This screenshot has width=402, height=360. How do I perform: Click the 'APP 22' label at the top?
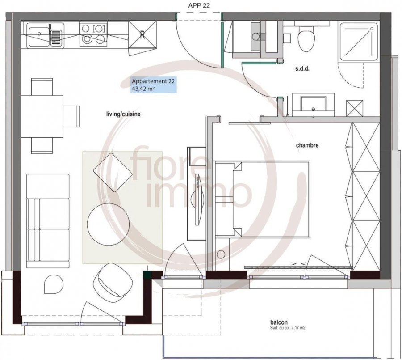click(x=199, y=6)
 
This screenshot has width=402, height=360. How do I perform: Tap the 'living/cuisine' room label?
click(x=123, y=114)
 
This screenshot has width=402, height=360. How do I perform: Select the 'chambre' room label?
click(x=307, y=145)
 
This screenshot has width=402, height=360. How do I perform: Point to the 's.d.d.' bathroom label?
click(x=302, y=69)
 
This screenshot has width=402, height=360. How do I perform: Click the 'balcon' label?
click(x=279, y=322)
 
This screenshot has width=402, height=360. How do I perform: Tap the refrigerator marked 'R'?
click(x=142, y=34)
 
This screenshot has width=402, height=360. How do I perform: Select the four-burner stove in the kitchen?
click(x=93, y=34)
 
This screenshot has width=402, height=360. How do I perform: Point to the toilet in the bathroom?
click(x=306, y=38)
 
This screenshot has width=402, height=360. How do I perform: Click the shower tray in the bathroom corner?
click(x=359, y=42)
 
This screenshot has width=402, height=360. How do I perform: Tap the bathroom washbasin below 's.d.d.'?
click(x=313, y=104)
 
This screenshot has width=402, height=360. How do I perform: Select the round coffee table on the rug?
click(x=108, y=224)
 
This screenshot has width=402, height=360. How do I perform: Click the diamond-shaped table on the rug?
click(x=113, y=173)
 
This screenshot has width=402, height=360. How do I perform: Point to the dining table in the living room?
click(x=42, y=116)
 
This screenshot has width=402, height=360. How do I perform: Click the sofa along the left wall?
click(x=48, y=221)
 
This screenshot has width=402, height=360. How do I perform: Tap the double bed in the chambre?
click(x=262, y=199)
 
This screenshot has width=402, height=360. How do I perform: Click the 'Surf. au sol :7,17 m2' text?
click(x=288, y=328)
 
